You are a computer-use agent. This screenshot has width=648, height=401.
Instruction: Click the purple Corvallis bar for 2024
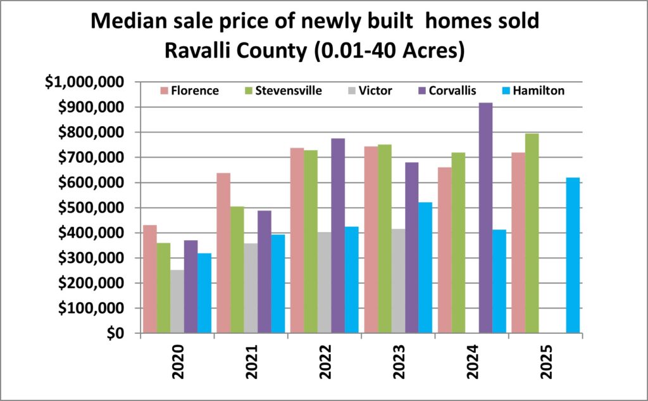pyautogui.click(x=485, y=218)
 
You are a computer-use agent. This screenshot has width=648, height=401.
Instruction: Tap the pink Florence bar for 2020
pyautogui.click(x=149, y=279)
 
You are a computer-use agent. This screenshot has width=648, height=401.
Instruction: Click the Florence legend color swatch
pyautogui.click(x=163, y=91)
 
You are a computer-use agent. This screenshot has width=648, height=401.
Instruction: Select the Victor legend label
pyautogui.click(x=374, y=91)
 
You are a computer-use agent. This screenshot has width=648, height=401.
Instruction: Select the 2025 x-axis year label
pyautogui.click(x=546, y=362)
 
